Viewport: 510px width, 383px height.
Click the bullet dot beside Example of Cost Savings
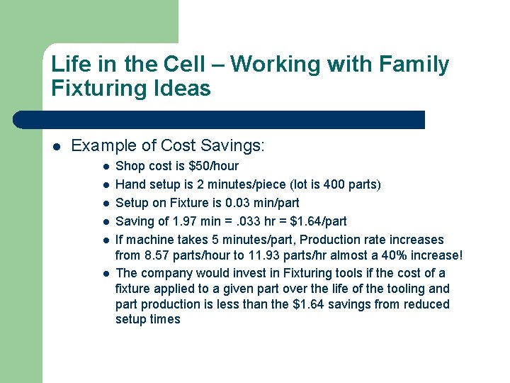pos(57,147)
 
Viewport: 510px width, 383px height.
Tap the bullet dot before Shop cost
pos(105,167)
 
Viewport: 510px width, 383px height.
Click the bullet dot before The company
pos(105,274)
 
